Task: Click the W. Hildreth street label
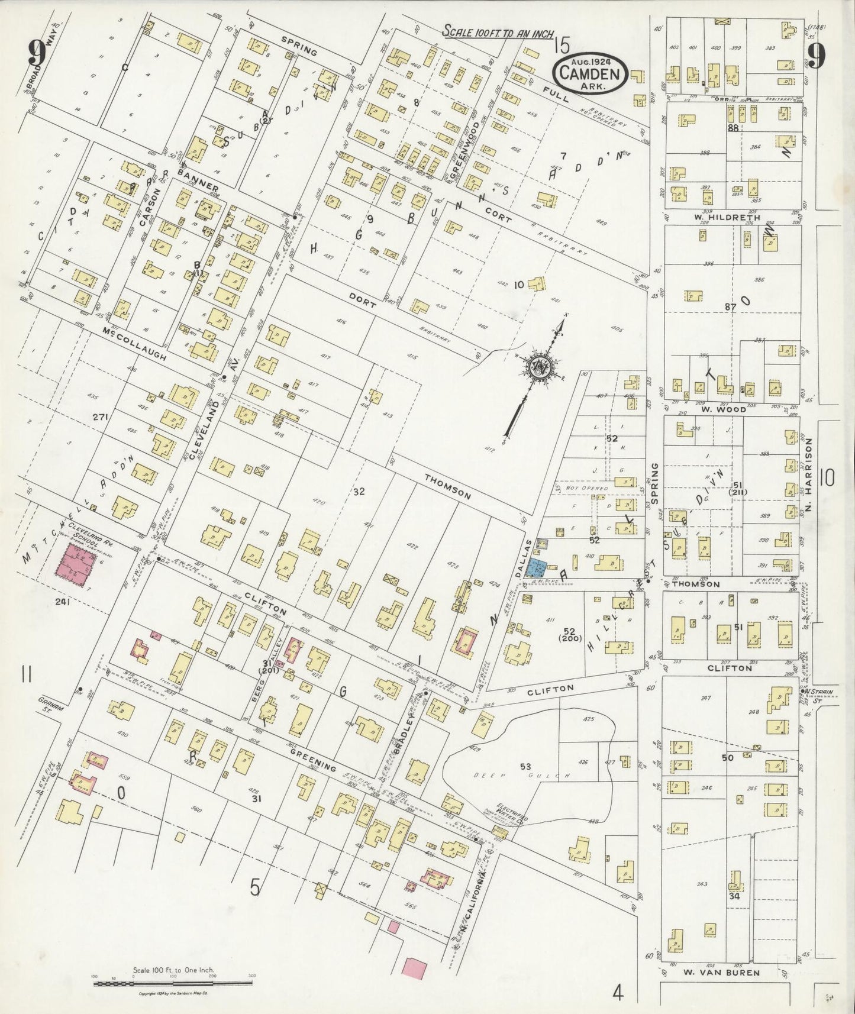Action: (x=718, y=217)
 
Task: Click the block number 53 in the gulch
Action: (x=525, y=767)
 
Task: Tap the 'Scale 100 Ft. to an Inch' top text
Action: (x=497, y=31)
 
